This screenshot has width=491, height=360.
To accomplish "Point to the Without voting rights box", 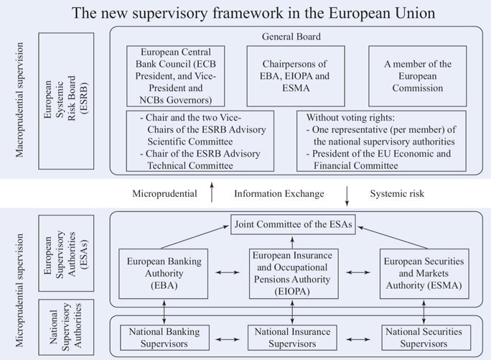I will click(x=381, y=140).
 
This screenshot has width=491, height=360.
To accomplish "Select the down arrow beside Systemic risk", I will click(x=347, y=193).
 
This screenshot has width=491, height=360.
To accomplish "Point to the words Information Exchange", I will click(x=279, y=194).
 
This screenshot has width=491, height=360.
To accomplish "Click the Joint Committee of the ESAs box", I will click(x=292, y=223).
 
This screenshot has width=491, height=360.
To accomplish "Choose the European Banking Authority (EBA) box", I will click(x=164, y=273).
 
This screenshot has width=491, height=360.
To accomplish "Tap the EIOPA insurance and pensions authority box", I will click(x=292, y=273).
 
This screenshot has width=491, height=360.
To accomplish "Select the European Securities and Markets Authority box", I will click(x=423, y=273).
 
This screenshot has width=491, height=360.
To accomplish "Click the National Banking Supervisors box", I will click(x=164, y=336).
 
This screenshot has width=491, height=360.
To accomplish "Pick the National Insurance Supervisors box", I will click(x=292, y=336).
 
